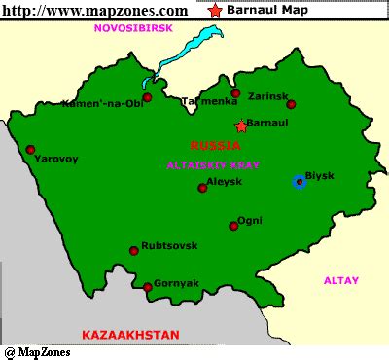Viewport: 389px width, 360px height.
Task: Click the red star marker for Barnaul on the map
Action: (x=241, y=126)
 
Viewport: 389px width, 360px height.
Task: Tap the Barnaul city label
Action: (x=268, y=125)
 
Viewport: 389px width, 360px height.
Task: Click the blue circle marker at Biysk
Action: (x=300, y=181)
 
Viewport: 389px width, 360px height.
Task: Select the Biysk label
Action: (x=320, y=175)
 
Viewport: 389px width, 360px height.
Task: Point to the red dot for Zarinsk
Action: (x=291, y=104)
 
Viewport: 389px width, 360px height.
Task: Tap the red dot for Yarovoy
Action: (x=31, y=150)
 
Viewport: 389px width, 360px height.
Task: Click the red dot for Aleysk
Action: (x=202, y=188)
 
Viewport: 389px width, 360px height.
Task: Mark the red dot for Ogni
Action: (x=233, y=226)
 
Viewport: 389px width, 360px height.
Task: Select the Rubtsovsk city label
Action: (x=169, y=246)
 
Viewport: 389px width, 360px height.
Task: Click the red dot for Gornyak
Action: (x=148, y=286)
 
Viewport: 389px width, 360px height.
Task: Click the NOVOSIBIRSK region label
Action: (x=132, y=28)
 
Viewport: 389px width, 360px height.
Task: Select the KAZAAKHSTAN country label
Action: (x=129, y=335)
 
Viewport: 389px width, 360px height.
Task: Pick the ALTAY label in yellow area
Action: (x=340, y=280)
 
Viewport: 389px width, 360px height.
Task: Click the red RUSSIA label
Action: (x=216, y=145)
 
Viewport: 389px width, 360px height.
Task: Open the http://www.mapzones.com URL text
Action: (x=95, y=10)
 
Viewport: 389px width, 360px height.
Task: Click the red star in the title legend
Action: (x=214, y=11)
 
